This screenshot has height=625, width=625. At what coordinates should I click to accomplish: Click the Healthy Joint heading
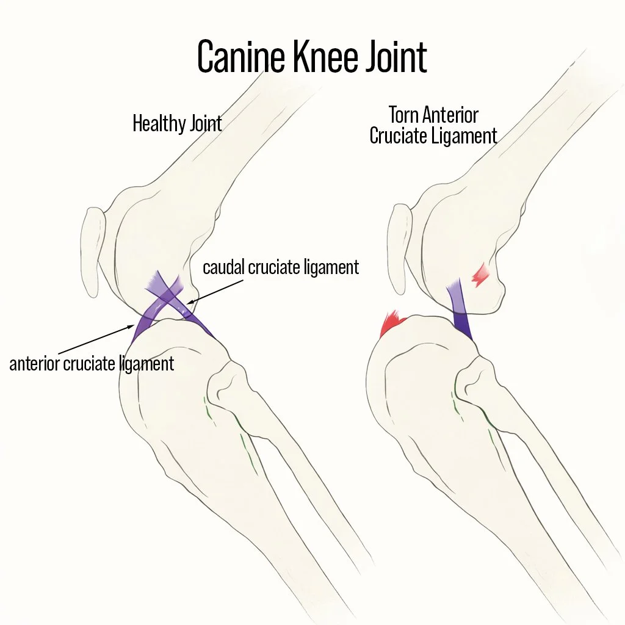coord(177,124)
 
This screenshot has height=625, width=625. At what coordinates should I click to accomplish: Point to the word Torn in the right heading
coord(407,115)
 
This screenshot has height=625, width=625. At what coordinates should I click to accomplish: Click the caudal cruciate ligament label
coord(281,267)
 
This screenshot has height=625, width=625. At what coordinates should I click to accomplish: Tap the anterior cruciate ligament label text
coord(92,364)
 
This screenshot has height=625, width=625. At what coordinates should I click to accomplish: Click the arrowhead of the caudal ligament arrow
coord(189,302)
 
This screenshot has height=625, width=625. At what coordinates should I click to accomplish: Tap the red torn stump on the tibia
coord(393,324)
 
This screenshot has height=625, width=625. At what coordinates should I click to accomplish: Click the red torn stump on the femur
coord(481,275)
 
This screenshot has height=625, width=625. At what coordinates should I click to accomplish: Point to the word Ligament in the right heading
coord(466,135)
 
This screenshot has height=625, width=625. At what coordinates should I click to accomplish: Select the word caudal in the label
coord(222,267)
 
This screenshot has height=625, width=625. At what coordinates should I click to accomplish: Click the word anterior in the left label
coord(34,364)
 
